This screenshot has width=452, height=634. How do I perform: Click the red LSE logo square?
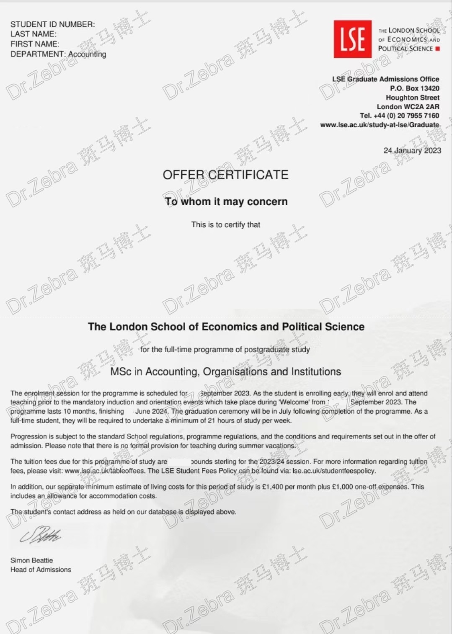pos(352,39)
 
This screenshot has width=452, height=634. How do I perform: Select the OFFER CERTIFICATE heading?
pos(225,175)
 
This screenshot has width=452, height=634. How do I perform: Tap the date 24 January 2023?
pos(412,150)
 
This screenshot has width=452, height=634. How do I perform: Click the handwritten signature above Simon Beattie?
pos(41,535)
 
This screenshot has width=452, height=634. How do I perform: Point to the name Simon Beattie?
pos(32,560)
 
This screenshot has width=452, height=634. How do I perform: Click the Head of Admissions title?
pos(41,570)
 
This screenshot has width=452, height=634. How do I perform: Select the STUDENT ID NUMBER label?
pos(53,24)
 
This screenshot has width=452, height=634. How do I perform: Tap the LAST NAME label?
pos(34,34)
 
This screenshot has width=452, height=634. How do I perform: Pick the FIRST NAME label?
pos(35,44)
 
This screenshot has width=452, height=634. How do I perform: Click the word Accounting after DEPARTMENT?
pos(87,54)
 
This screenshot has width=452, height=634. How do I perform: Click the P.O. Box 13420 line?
pos(414,88)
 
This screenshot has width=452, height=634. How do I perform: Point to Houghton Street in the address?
pos(412,98)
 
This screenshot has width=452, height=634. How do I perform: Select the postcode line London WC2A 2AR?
pos(408,107)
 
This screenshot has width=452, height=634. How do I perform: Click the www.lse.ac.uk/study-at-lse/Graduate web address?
pos(380,125)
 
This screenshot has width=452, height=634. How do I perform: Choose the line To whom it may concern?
pos(226,201)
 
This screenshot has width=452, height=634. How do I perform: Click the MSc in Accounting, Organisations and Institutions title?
pos(225,371)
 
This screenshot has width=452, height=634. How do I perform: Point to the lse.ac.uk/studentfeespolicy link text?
pos(333,471)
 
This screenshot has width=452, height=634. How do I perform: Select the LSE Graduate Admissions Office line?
pos(385,79)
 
